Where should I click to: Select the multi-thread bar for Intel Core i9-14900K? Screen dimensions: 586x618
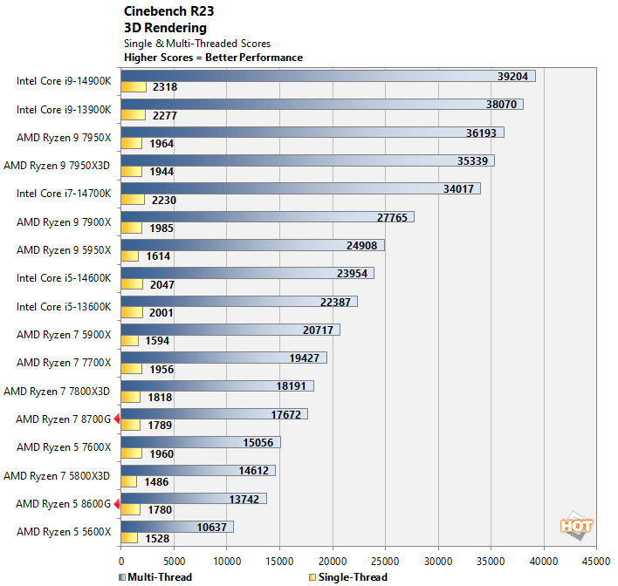click(327, 77)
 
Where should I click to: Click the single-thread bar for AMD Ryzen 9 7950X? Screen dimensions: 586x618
click(131, 143)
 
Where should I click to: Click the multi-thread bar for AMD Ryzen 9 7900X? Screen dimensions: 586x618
click(267, 217)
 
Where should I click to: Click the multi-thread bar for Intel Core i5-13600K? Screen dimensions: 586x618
click(238, 302)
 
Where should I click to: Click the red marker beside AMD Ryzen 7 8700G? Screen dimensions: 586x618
click(117, 419)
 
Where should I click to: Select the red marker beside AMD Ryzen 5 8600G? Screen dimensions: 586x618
click(117, 503)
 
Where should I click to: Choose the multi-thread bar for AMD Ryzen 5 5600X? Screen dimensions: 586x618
click(176, 527)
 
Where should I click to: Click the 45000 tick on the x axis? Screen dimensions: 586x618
click(596, 560)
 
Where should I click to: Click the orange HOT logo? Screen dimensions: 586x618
click(577, 525)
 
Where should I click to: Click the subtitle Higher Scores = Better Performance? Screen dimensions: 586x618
click(213, 58)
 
